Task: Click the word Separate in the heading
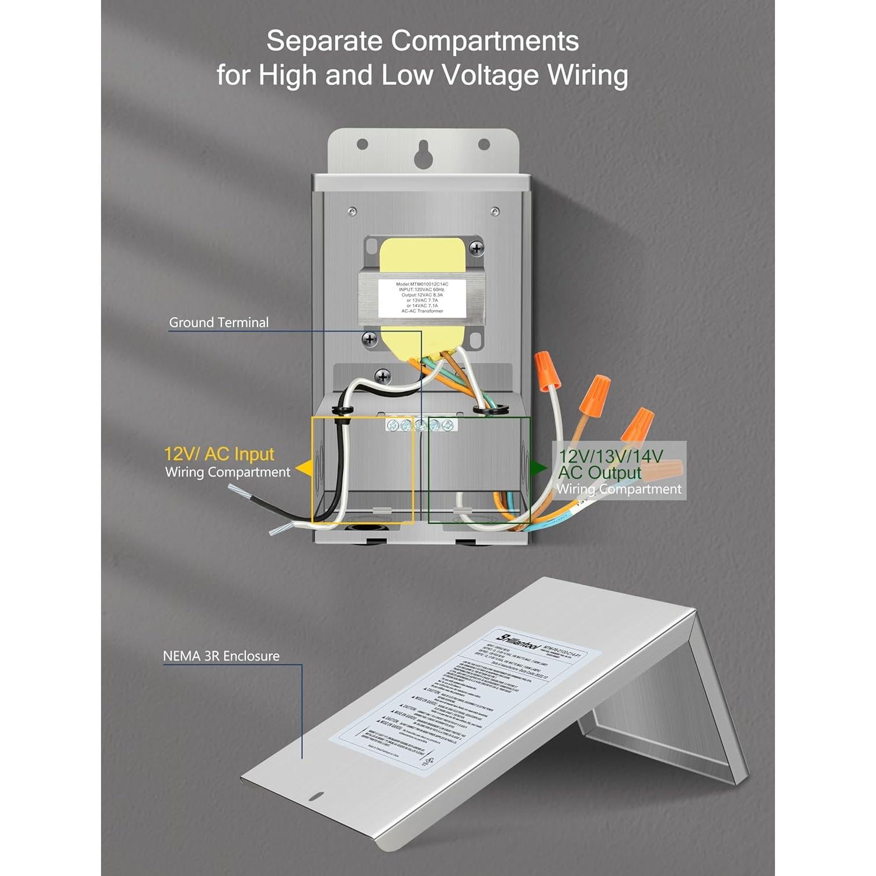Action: tap(324, 41)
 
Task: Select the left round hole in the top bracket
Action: tap(362, 144)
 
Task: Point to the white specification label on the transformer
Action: tap(422, 298)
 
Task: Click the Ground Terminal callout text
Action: tap(218, 322)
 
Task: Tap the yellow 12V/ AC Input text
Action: tap(219, 454)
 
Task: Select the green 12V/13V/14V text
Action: tap(610, 456)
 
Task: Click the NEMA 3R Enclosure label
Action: tap(221, 656)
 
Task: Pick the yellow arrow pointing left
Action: tap(303, 468)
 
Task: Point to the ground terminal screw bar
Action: tap(420, 425)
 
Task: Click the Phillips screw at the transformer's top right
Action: tap(477, 248)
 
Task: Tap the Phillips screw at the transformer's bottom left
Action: tap(369, 339)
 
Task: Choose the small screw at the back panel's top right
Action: tap(495, 211)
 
